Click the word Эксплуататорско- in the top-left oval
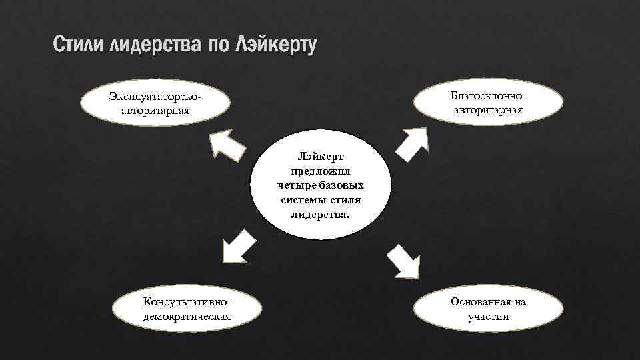pyautogui.click(x=155, y=97)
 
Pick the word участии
pyautogui.click(x=489, y=316)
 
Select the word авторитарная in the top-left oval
pyautogui.click(x=155, y=110)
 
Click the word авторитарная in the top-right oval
pyautogui.click(x=489, y=109)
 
